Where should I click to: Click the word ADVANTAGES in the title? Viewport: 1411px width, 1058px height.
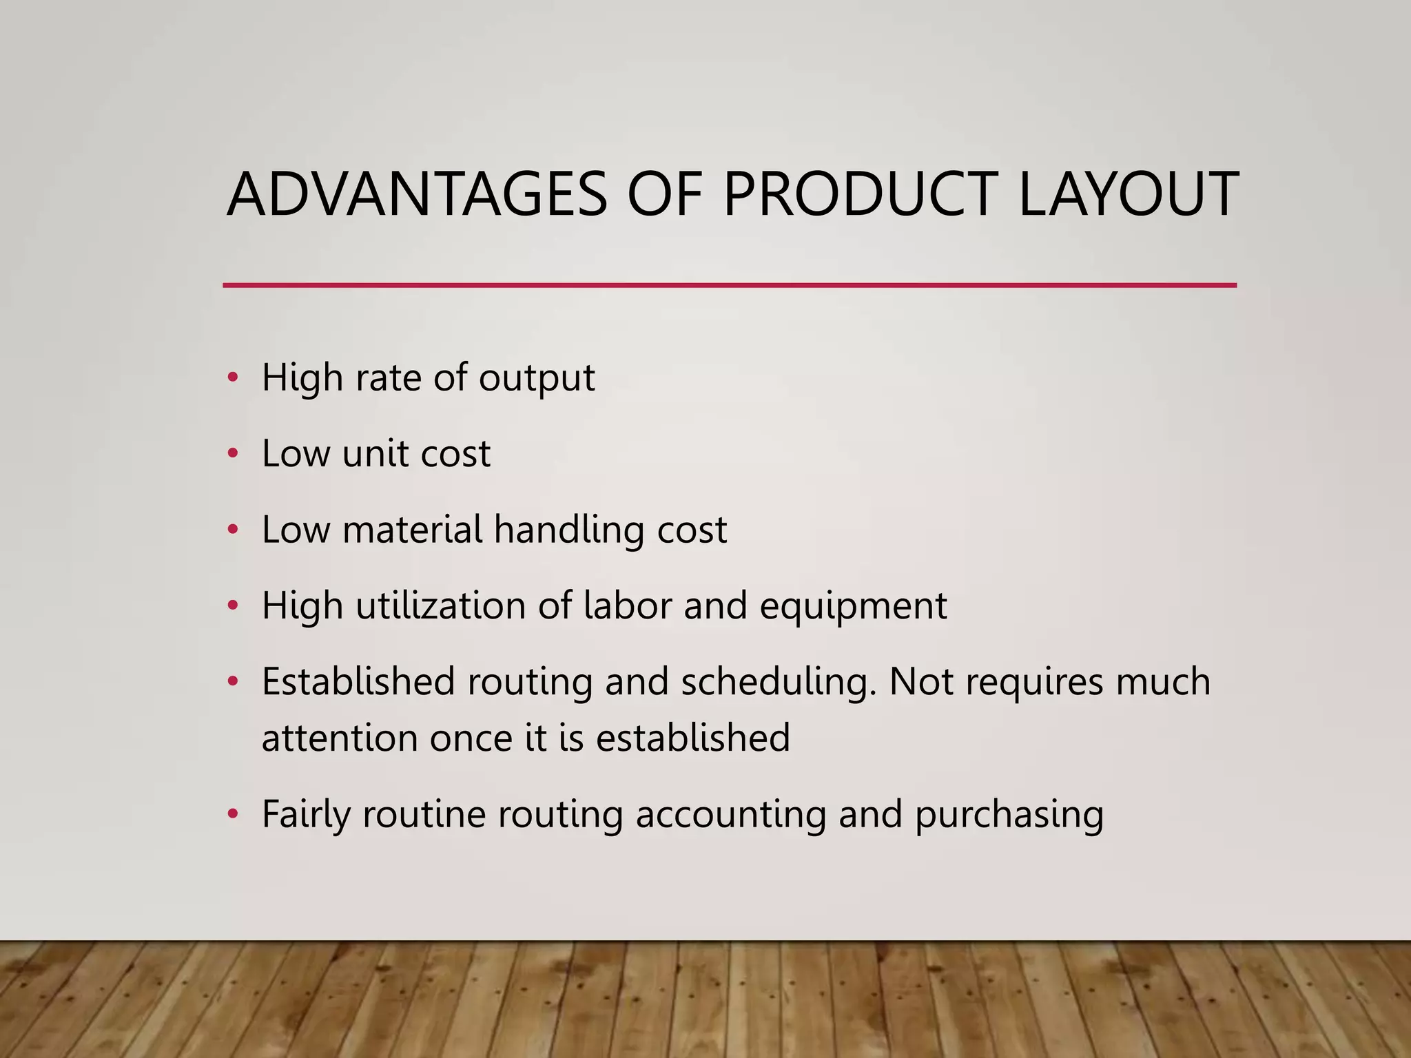pos(417,194)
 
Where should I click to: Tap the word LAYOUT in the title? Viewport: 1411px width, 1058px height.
pos(1128,194)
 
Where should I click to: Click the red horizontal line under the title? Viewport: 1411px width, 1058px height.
pos(730,284)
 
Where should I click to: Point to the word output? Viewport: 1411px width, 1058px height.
pos(537,377)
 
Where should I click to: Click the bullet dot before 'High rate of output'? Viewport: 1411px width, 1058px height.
pos(233,377)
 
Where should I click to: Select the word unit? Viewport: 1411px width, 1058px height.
pos(375,453)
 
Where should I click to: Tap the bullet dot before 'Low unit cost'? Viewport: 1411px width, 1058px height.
pos(233,453)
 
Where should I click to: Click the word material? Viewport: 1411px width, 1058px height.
pos(412,529)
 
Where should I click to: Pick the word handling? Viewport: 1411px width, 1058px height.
pos(569,530)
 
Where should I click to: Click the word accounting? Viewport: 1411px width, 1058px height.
pos(730,815)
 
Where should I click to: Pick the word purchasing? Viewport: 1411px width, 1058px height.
pos(1009,815)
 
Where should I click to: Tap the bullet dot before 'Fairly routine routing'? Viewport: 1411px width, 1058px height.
pos(233,813)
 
